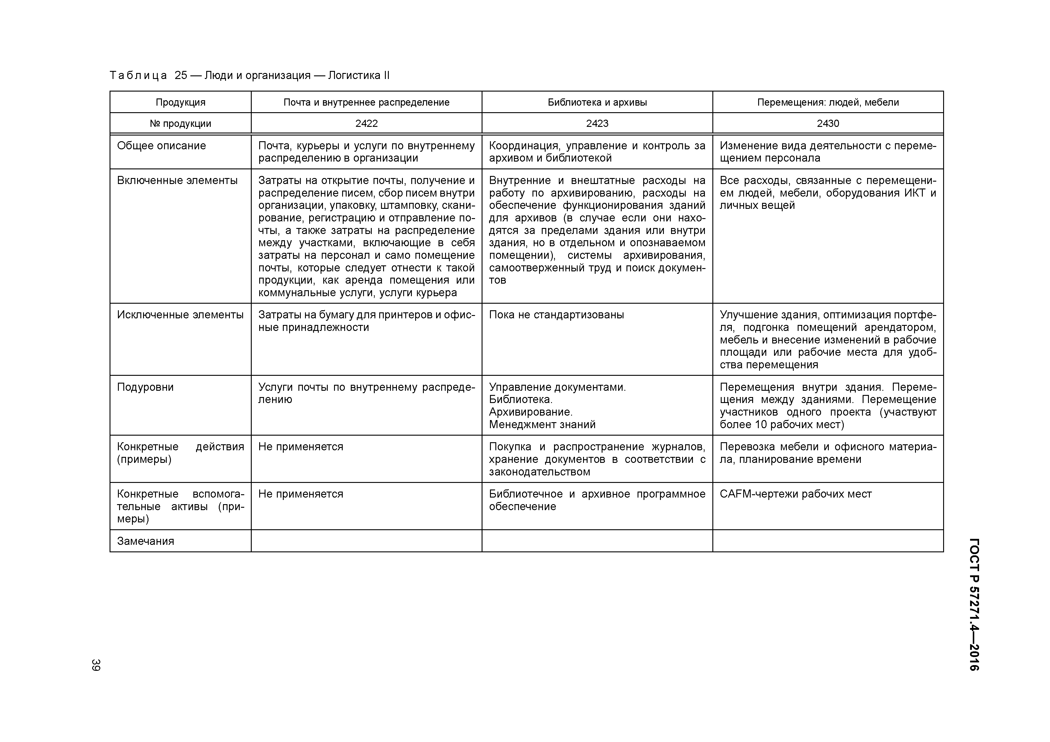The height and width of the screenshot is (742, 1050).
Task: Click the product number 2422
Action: (366, 124)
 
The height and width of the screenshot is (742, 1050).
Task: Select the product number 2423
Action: (597, 124)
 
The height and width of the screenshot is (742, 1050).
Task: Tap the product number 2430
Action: (828, 124)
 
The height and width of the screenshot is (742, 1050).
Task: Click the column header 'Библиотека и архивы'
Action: (597, 102)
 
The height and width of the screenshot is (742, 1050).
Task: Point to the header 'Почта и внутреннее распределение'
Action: (366, 102)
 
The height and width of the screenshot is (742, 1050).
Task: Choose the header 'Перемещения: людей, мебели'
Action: (828, 102)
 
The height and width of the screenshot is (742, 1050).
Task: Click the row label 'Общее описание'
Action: (161, 146)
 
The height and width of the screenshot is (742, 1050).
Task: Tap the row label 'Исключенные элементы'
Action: (180, 315)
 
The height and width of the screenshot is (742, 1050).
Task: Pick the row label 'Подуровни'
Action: (145, 387)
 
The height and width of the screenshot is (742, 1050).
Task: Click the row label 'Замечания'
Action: (145, 541)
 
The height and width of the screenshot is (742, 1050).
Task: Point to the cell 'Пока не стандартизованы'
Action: (556, 315)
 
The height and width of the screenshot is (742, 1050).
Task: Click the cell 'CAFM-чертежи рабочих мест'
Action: (795, 494)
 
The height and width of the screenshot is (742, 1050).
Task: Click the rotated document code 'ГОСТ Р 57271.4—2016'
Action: (974, 604)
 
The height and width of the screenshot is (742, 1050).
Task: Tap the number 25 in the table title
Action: (181, 75)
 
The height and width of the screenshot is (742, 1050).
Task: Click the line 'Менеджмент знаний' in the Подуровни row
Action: (542, 425)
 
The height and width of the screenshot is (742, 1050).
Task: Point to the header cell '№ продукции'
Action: (180, 124)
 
